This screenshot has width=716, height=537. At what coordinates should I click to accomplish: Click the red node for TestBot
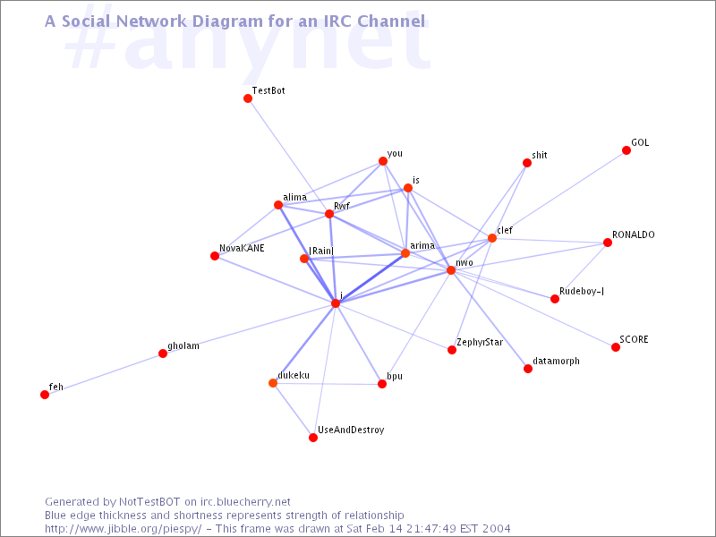pyautogui.click(x=248, y=98)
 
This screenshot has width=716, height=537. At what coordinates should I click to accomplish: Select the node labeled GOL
pyautogui.click(x=626, y=150)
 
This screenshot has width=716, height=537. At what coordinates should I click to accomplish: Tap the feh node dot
pyautogui.click(x=45, y=395)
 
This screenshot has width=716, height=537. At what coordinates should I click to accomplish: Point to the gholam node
pyautogui.click(x=163, y=354)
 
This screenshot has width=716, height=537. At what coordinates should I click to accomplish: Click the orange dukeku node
pyautogui.click(x=273, y=383)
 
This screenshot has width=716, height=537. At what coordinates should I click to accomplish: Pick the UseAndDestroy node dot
pyautogui.click(x=313, y=438)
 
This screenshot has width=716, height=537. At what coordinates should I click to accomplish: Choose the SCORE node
pyautogui.click(x=616, y=347)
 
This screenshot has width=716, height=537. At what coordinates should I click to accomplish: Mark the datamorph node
pyautogui.click(x=528, y=369)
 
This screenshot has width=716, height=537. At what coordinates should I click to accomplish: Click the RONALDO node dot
pyautogui.click(x=608, y=243)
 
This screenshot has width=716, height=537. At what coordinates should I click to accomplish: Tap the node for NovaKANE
pyautogui.click(x=215, y=256)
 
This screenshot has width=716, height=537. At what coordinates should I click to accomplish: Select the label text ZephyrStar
pyautogui.click(x=480, y=343)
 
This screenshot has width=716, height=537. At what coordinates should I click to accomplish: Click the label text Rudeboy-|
pyautogui.click(x=582, y=292)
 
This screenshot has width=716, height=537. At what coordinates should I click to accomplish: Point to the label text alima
pyautogui.click(x=295, y=197)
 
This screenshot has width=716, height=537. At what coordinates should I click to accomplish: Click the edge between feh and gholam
pyautogui.click(x=104, y=374)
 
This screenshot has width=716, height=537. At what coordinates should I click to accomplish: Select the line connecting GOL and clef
pyautogui.click(x=559, y=194)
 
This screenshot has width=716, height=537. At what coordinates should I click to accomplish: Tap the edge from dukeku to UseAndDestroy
pyautogui.click(x=294, y=411)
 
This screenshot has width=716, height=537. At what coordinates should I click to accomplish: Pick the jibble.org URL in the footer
pyautogui.click(x=123, y=529)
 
